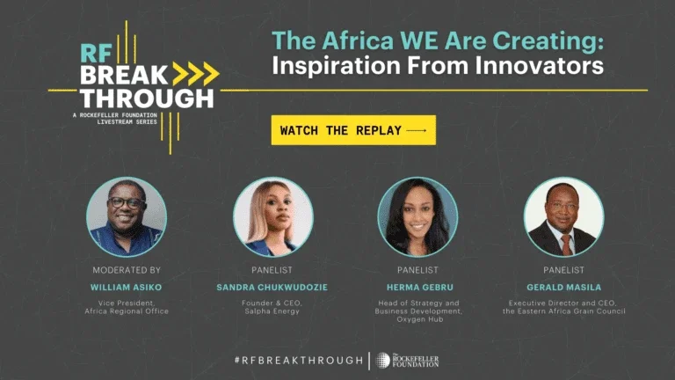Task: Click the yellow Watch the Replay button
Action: coord(353,130)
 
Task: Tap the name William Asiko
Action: coord(127,288)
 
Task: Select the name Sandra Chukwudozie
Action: coord(272,288)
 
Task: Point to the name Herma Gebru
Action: coord(420,288)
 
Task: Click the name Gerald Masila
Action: coord(564,288)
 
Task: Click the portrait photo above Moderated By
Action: coord(127,216)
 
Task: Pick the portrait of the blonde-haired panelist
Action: coord(273,216)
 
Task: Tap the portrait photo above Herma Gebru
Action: coord(417,216)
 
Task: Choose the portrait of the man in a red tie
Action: coord(563,216)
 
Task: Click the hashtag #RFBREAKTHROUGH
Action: coord(299,360)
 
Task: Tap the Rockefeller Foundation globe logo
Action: coord(382,360)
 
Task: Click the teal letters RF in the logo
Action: coord(96,54)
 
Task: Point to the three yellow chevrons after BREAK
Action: coord(196,74)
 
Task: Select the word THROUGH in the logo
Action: coord(147,99)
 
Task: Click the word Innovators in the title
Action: coord(540,65)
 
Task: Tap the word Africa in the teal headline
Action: coord(358,41)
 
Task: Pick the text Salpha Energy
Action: coord(272,311)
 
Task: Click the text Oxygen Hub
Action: coord(420,319)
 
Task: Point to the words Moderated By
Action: coord(127,270)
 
